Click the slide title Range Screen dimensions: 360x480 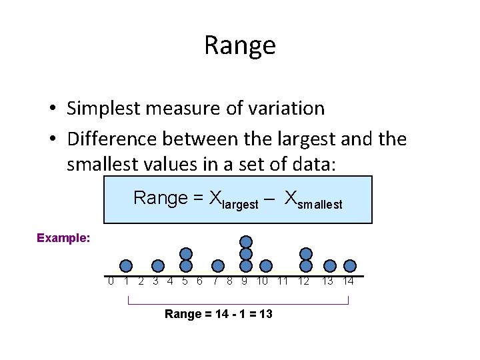pos(239,45)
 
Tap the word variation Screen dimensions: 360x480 pos(284,108)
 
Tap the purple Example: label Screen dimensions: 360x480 pos(63,238)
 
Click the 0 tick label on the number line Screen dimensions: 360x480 pos(111,281)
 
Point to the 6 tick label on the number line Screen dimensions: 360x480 pos(200,281)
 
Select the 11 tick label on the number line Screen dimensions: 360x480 pos(283,281)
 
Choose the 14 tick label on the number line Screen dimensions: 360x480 pos(348,281)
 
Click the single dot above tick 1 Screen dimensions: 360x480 pos(126,266)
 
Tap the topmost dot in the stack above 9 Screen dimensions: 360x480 pos(246,241)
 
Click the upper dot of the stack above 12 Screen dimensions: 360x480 pos(305,253)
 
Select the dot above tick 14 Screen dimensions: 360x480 pos(350,266)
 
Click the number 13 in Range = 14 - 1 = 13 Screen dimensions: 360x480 pos(265,314)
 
